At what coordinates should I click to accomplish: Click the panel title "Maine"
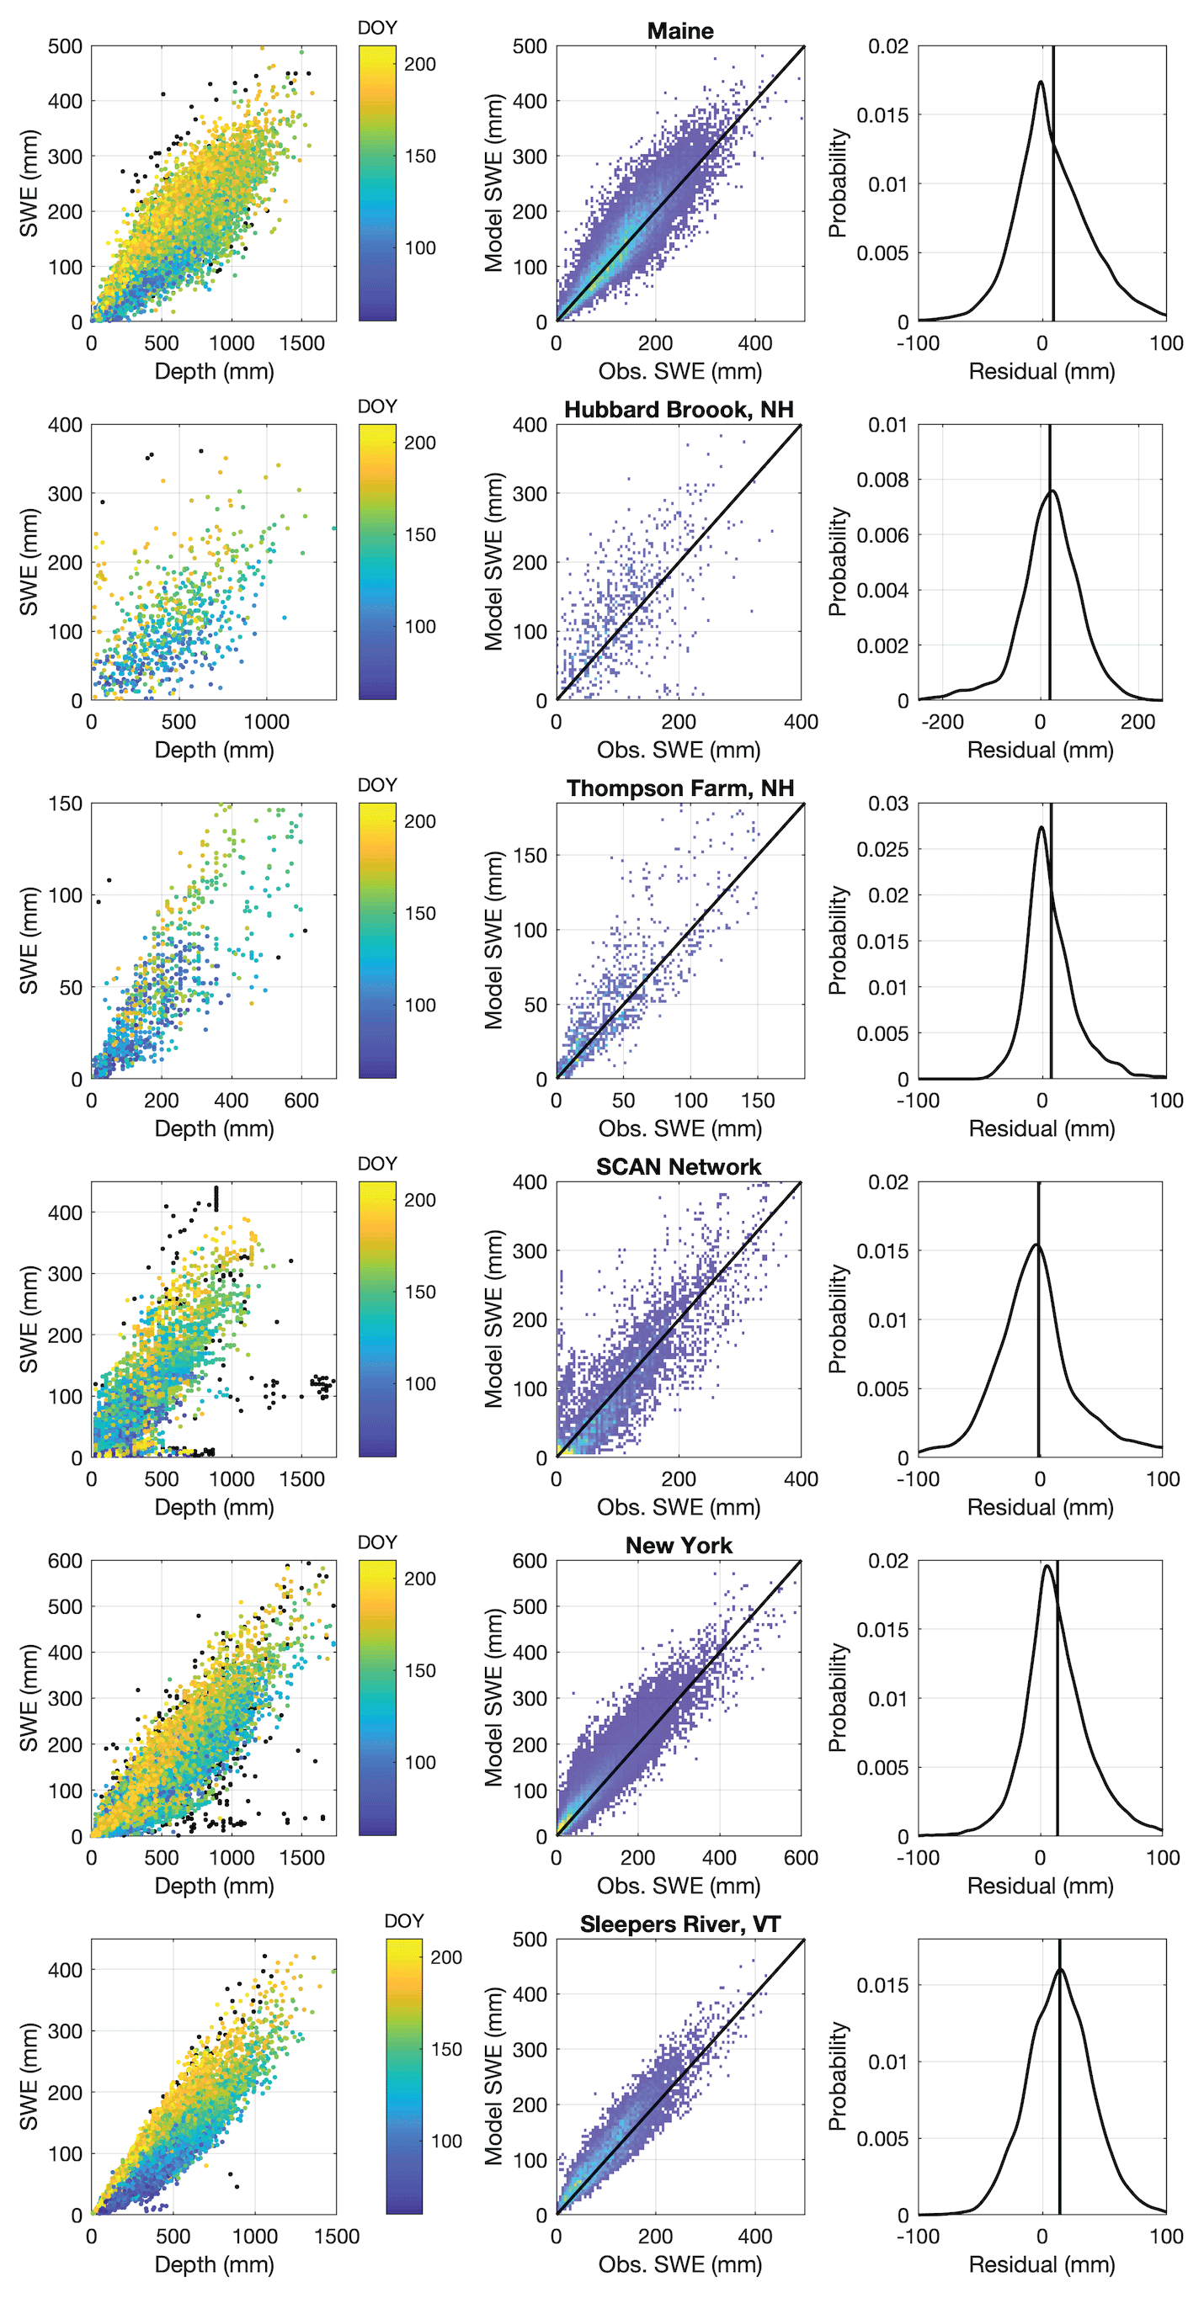click(x=679, y=31)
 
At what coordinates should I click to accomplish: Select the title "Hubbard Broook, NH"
click(x=679, y=410)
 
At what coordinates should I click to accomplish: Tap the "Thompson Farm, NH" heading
click(x=679, y=788)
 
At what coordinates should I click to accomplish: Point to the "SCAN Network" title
click(x=679, y=1167)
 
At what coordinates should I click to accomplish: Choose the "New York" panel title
click(x=679, y=1546)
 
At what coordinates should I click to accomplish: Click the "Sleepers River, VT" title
click(x=679, y=1924)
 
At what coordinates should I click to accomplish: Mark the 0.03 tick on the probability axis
click(x=887, y=804)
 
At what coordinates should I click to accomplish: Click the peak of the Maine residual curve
click(x=1041, y=82)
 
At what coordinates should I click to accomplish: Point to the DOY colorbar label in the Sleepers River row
click(x=403, y=1922)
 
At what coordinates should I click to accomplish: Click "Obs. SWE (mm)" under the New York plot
click(x=679, y=1886)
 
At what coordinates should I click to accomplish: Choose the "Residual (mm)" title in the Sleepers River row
click(x=1042, y=2264)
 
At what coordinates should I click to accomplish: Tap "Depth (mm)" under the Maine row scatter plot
click(x=214, y=371)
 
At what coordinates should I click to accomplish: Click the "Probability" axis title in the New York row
click(x=837, y=1698)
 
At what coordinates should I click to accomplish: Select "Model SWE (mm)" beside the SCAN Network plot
click(x=493, y=1319)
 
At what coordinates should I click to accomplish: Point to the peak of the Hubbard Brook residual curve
click(x=1053, y=491)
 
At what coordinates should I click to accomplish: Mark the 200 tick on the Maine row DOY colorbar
click(x=419, y=64)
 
